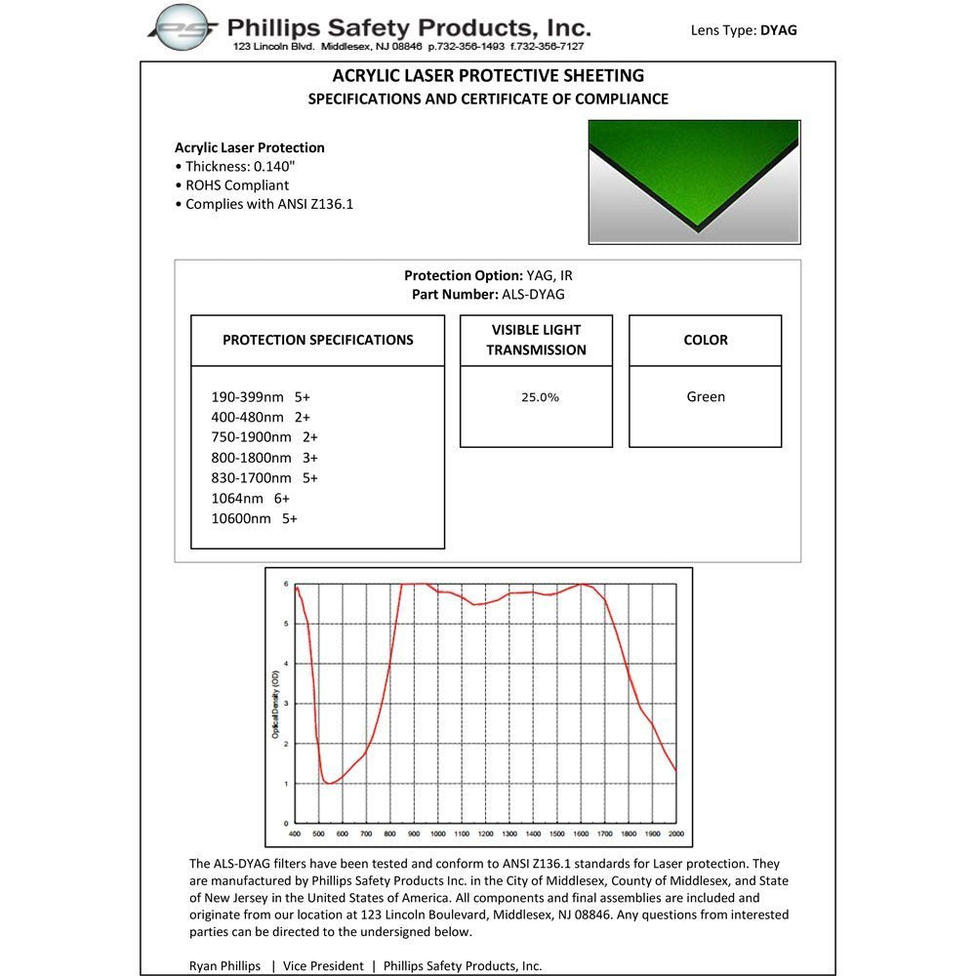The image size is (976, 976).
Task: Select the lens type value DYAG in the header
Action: point(779,30)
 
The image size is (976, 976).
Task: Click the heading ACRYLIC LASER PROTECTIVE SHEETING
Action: point(488,75)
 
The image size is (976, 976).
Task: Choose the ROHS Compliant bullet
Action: point(237,184)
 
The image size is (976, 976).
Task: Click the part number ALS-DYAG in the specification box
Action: point(533,294)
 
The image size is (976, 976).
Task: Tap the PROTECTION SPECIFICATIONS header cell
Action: point(317,341)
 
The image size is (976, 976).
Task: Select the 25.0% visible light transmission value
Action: point(540,397)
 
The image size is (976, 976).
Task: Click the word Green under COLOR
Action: point(706,397)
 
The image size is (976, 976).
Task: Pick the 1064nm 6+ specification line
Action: point(251,499)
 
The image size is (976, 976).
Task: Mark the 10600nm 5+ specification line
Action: point(254,519)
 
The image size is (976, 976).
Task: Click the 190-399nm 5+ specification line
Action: point(261,397)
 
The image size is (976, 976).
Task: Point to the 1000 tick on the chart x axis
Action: point(438,834)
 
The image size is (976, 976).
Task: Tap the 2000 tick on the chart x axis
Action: point(676,834)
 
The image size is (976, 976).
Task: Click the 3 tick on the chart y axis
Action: point(286,704)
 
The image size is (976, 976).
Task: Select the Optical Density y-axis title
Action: point(275,704)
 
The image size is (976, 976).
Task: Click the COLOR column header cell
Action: point(706,341)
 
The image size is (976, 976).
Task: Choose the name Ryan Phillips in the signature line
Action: point(224,966)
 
